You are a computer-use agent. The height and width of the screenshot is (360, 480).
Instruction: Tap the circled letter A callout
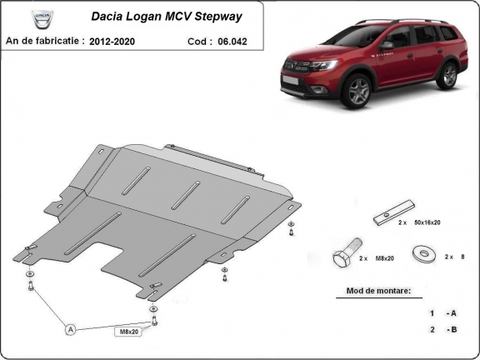pyautogui.click(x=71, y=329)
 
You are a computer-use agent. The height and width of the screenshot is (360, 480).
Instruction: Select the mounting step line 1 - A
pyautogui.click(x=442, y=313)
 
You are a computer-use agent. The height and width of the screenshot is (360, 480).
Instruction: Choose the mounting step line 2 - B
pyautogui.click(x=442, y=330)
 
